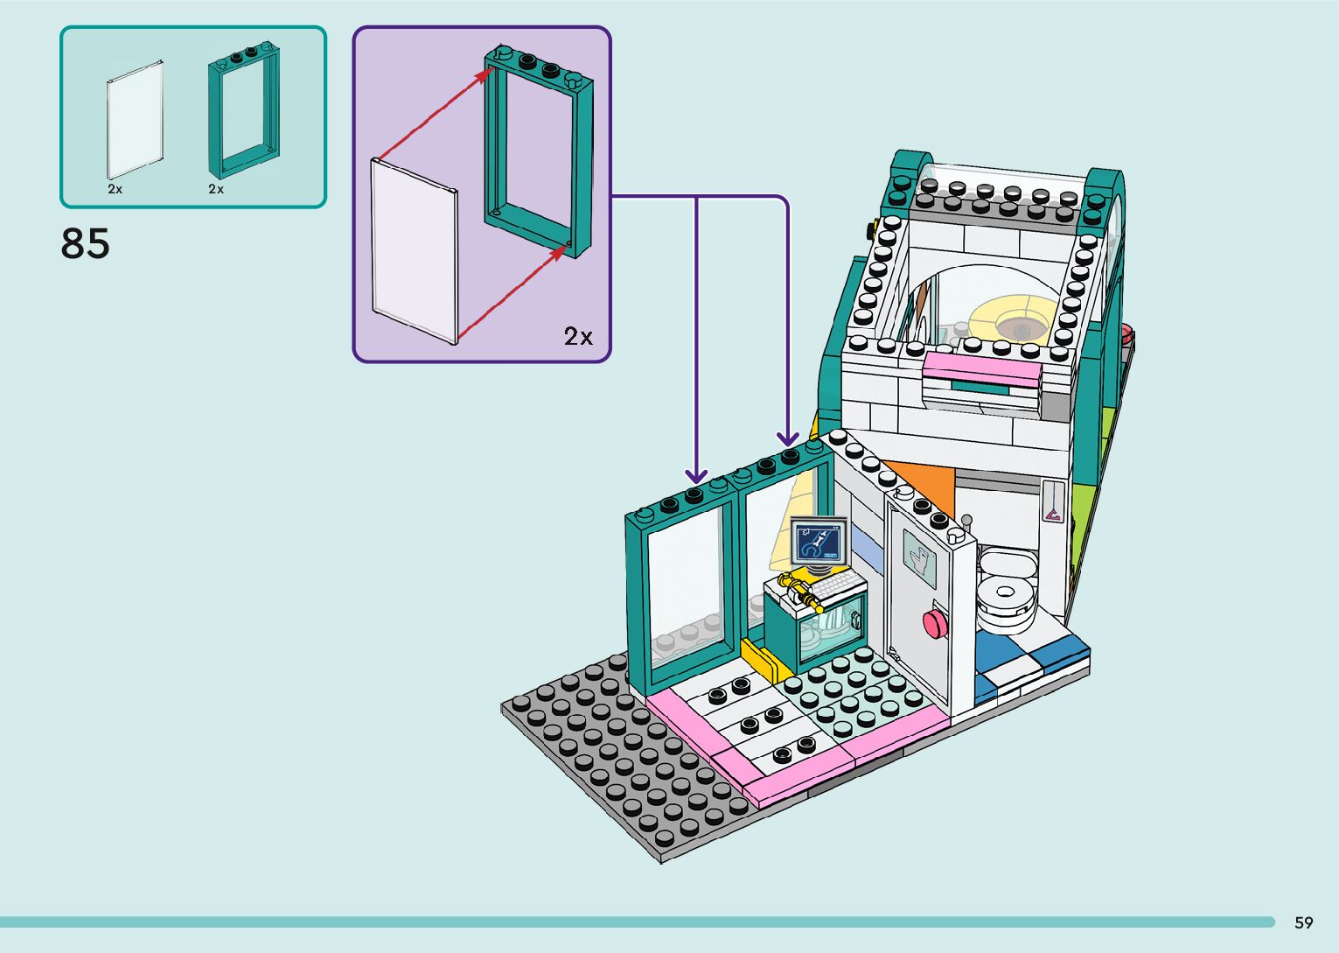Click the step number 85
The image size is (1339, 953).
(86, 244)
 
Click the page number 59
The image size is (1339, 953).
(1303, 922)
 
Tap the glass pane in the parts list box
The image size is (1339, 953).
(135, 119)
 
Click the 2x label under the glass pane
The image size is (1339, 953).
(115, 189)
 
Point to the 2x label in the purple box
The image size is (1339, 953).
(578, 337)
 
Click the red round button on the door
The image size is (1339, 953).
(935, 623)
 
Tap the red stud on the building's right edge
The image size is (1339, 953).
(1126, 333)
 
